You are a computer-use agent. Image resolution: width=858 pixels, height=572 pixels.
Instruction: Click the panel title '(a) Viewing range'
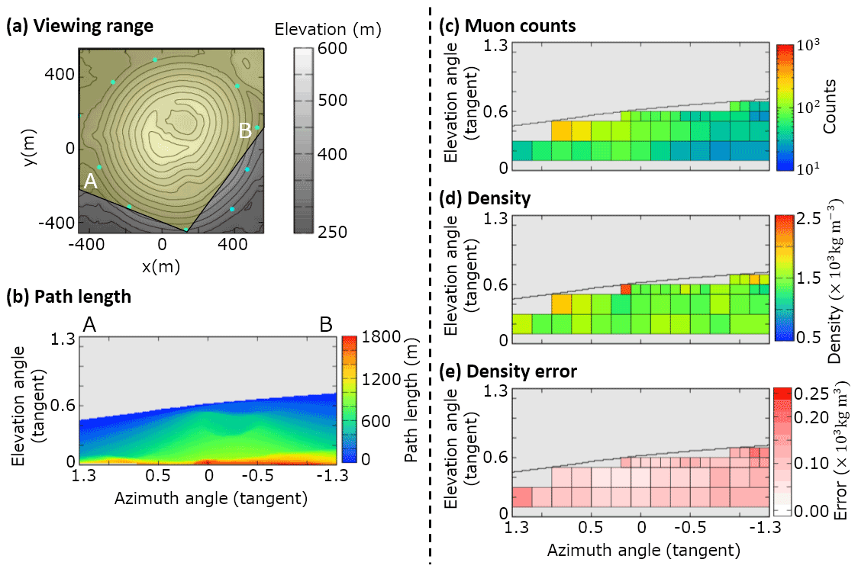[80, 27]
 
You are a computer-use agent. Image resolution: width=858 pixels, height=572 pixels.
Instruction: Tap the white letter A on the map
[90, 181]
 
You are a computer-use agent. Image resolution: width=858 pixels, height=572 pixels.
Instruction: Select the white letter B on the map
[245, 131]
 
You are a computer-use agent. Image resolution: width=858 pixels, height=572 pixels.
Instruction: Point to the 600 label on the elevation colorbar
[333, 49]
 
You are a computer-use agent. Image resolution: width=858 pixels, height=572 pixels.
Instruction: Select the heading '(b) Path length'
[69, 297]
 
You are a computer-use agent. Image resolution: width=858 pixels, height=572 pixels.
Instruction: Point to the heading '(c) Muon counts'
[508, 27]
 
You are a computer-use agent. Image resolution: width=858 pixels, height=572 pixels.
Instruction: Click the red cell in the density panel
[625, 290]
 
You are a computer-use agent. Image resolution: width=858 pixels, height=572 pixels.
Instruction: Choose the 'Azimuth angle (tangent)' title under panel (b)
[211, 499]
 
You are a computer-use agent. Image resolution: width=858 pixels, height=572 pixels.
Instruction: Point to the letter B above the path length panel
[326, 324]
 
